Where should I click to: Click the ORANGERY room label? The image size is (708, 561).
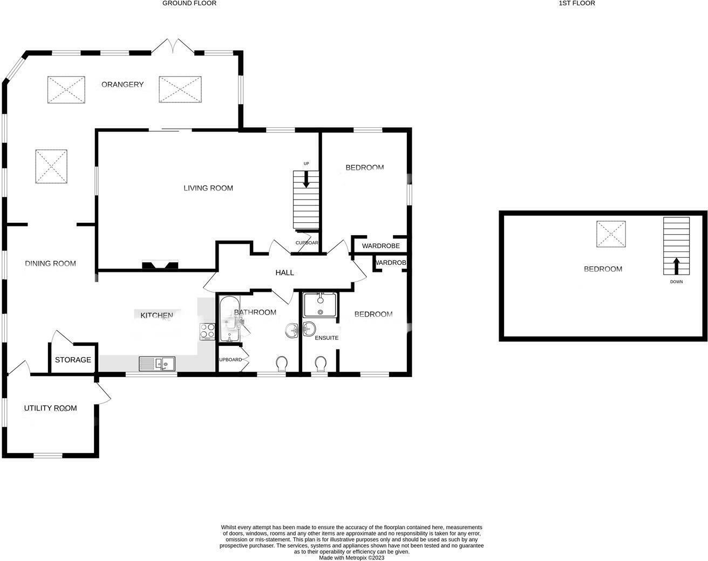122,85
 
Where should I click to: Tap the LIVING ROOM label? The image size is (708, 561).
208,188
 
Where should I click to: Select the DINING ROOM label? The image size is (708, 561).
50,263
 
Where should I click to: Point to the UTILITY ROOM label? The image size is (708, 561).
50,408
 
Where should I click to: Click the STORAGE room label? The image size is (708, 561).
73,360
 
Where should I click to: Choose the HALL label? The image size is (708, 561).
284,272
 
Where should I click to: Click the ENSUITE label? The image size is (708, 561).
326,338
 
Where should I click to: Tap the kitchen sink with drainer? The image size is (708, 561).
157,364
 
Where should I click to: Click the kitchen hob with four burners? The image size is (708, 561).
208,331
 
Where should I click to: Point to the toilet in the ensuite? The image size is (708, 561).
320,364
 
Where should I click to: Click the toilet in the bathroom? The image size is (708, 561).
281,364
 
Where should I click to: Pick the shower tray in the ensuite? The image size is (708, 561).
320,305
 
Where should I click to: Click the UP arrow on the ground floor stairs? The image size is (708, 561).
306,179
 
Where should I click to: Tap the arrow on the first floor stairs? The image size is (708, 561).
676,266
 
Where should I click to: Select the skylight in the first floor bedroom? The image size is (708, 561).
611,234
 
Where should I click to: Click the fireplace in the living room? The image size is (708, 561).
160,265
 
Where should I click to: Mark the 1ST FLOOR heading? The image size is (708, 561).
577,3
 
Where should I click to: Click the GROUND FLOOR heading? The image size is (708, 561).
189,3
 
